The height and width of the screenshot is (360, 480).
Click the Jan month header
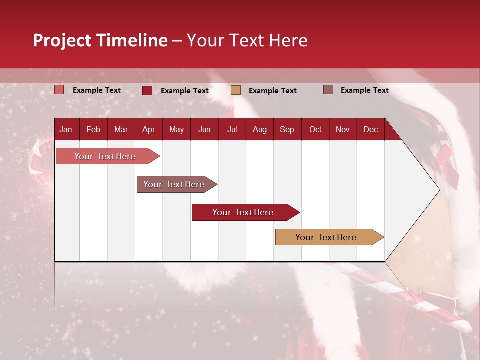66,129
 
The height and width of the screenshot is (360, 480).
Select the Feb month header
93,129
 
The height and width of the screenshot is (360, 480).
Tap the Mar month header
121,129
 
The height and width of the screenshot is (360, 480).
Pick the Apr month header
148,129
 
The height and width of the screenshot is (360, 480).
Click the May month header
176,129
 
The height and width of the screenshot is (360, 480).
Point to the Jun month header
204,129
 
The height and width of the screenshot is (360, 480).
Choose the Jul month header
232,129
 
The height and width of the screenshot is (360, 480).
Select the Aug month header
259,129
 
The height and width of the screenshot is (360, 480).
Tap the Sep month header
287,129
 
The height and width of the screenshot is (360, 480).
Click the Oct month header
315,129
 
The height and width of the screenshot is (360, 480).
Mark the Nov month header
343,129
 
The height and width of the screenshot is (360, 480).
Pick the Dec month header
370,129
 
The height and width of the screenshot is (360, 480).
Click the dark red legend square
147,90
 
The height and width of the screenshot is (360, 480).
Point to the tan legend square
236,90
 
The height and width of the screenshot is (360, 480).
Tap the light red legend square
59,90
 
